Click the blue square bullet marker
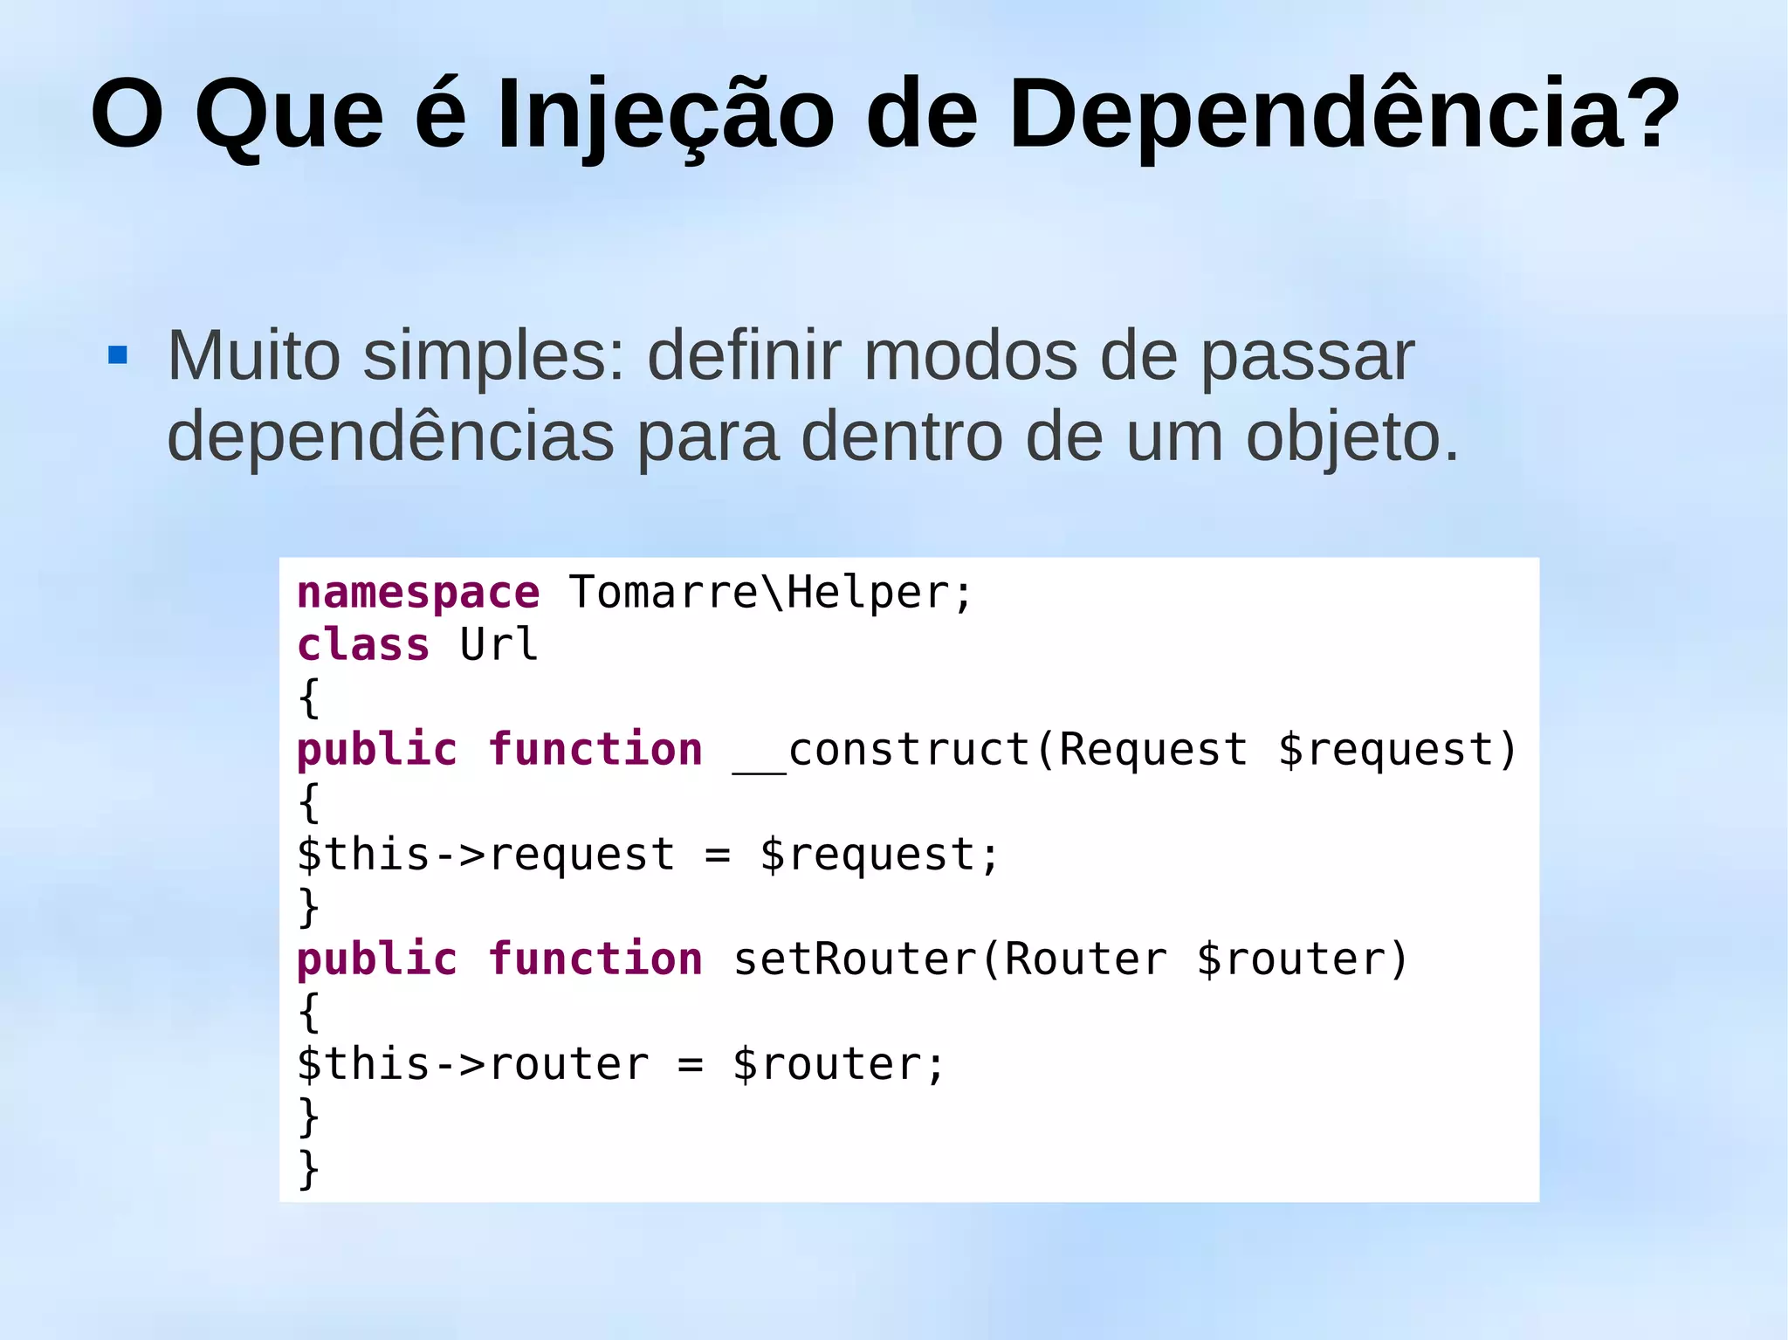click(x=118, y=355)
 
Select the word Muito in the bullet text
click(x=253, y=356)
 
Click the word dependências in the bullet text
click(x=390, y=436)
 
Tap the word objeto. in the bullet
click(x=1352, y=437)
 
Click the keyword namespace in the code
click(x=418, y=594)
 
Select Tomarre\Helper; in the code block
click(x=770, y=594)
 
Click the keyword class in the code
click(x=363, y=646)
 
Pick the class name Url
click(x=499, y=646)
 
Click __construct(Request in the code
click(x=990, y=751)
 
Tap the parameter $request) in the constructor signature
click(x=1398, y=751)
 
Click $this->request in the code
click(x=485, y=856)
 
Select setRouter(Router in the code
click(x=950, y=960)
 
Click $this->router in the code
click(x=472, y=1065)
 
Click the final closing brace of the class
click(x=308, y=1170)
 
